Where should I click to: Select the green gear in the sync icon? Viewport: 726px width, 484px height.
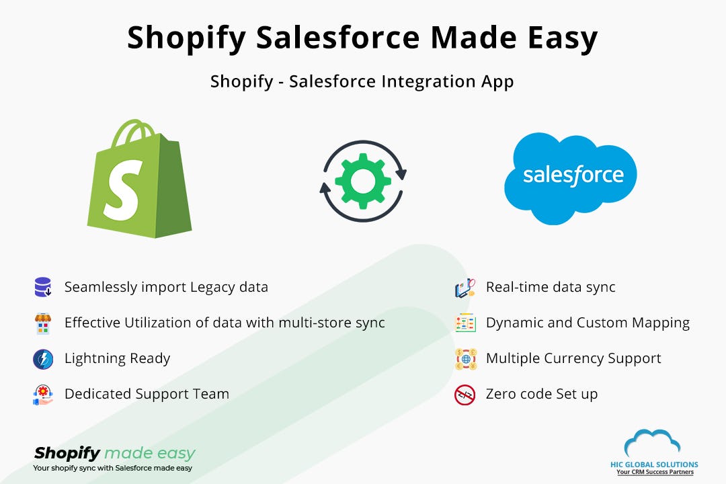coord(362,180)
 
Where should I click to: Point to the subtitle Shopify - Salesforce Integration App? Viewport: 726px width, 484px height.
coord(362,81)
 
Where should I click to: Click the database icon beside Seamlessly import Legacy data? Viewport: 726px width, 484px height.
coord(43,288)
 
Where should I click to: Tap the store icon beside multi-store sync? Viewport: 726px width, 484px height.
coord(43,323)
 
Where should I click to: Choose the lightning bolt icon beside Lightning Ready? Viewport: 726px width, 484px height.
coord(43,359)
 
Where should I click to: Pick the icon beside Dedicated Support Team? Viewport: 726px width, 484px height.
coord(43,395)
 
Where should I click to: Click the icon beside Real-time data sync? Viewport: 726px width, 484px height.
coord(465,288)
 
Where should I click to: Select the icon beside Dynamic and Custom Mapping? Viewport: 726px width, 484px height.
coord(465,323)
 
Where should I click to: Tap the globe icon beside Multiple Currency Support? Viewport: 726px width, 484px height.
coord(465,359)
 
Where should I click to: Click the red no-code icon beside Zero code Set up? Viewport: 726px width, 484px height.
coord(465,395)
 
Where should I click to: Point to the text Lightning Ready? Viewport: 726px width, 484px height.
coord(117,358)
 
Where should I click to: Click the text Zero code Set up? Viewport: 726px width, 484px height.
coord(541,394)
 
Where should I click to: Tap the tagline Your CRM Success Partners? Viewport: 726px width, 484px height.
coord(655,473)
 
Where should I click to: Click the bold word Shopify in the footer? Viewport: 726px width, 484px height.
coord(67,452)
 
